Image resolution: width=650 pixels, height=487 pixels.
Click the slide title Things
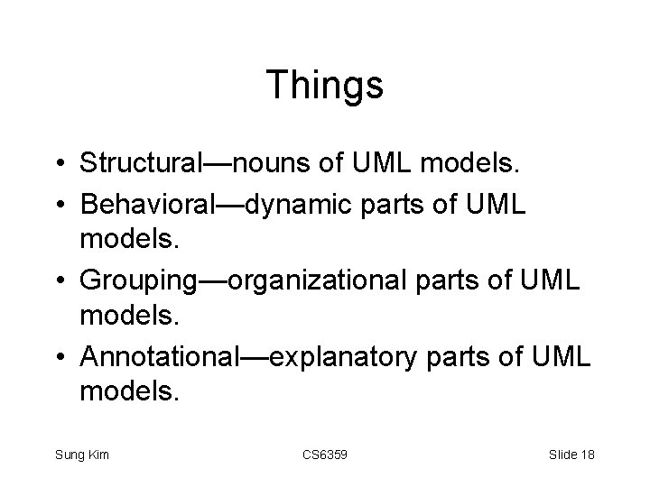tap(325, 86)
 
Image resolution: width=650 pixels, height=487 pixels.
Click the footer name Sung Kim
tap(81, 455)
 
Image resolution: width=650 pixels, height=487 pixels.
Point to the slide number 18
tap(586, 455)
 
